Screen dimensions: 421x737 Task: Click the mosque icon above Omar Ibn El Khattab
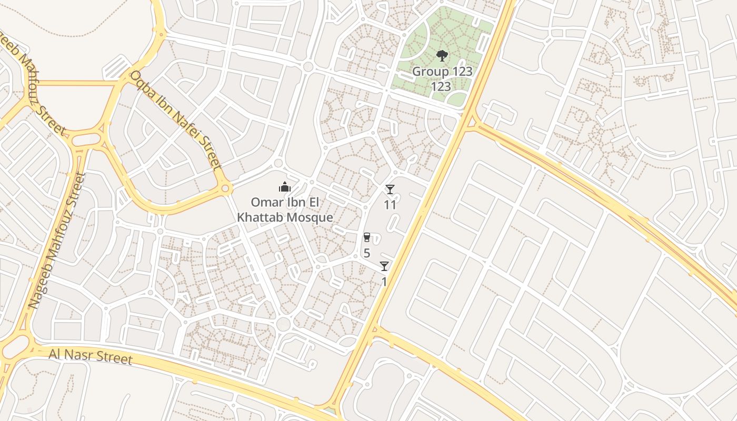(x=285, y=187)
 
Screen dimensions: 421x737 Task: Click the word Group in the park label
(x=430, y=72)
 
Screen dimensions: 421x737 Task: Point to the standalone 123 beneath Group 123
(x=441, y=86)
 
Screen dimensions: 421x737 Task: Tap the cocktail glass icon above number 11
(x=390, y=189)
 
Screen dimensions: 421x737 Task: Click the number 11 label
(x=390, y=205)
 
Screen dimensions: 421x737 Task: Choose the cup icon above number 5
(x=367, y=237)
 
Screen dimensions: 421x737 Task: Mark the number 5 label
(x=367, y=253)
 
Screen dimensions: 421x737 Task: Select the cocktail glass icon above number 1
(x=384, y=266)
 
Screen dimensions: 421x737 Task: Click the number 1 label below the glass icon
(x=384, y=282)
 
